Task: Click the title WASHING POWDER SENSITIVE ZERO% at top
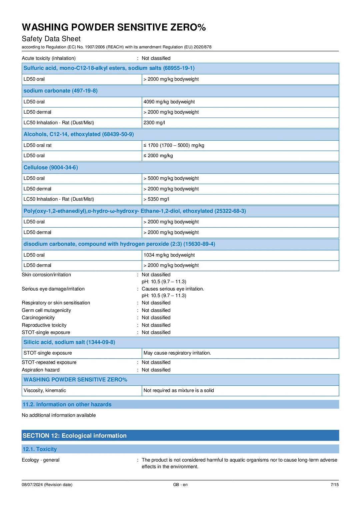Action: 114,27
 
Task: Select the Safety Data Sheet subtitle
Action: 51,39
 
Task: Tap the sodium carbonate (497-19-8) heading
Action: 60,91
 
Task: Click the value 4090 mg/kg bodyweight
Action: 169,102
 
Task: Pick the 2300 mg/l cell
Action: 154,123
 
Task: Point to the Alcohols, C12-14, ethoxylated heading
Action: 79,134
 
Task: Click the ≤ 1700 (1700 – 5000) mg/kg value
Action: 174,145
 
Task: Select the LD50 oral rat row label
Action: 37,145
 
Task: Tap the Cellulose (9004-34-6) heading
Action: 51,167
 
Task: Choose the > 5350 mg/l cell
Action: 156,199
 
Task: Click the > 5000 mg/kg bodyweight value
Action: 171,178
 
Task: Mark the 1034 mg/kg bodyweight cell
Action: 169,255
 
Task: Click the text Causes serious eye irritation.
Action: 173,289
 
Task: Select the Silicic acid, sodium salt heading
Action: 69,342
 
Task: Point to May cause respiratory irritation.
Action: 177,353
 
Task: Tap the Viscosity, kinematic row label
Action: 45,390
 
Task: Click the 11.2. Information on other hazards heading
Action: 67,404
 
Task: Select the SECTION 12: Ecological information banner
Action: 75,436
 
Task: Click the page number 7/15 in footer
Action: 334,485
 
